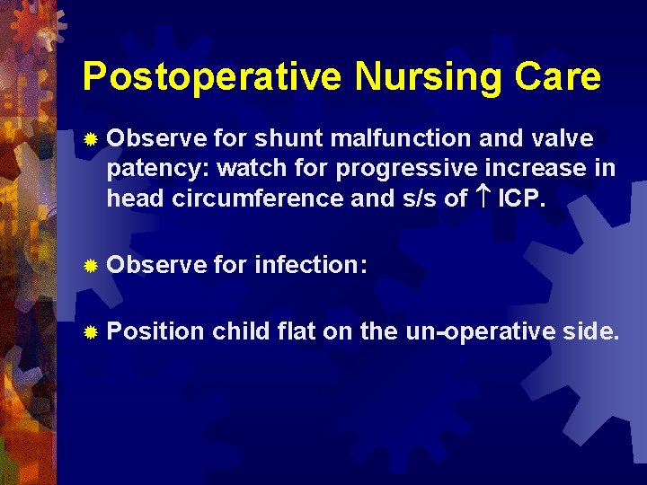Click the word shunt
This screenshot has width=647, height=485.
click(289, 139)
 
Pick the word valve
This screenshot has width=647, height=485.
click(561, 139)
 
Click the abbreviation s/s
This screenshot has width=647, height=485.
click(417, 198)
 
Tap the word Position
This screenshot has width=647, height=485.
click(155, 332)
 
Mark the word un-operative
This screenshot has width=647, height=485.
click(482, 332)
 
